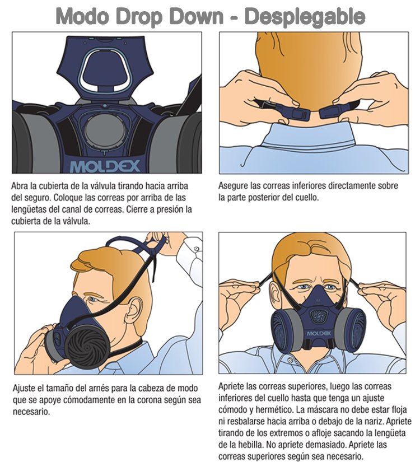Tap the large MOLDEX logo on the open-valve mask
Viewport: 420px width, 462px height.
coord(105,166)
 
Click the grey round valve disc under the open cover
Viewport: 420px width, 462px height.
coord(104,130)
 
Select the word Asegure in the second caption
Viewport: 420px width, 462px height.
coord(233,186)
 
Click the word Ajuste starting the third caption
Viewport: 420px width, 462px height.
coord(23,389)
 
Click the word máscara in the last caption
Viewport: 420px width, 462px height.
coord(322,409)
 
